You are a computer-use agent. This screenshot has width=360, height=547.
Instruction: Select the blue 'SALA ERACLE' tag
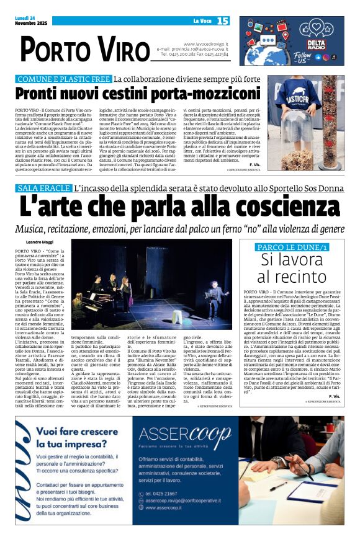[43, 187]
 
